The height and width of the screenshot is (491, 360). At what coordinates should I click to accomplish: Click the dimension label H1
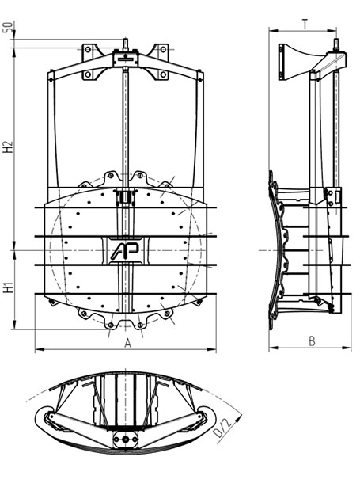[9, 287]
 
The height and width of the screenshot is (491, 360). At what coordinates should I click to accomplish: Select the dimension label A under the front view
[127, 343]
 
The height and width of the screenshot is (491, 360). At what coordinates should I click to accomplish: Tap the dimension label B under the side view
[312, 341]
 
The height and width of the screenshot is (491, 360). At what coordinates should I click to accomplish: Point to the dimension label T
[305, 24]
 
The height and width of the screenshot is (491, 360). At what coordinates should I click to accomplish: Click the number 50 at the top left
[9, 27]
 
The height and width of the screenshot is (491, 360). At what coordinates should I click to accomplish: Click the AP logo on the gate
[125, 251]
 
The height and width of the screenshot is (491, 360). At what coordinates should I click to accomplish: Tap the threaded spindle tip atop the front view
[125, 44]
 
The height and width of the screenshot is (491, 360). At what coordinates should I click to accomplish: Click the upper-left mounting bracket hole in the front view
[88, 49]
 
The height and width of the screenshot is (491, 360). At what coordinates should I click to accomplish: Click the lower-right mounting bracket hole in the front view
[163, 74]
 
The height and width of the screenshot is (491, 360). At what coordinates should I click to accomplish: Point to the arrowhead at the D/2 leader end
[240, 416]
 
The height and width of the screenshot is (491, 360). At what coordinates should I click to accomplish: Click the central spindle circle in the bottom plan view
[125, 440]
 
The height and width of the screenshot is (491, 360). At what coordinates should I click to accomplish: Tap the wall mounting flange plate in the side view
[281, 62]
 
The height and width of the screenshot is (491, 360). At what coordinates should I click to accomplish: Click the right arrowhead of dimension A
[213, 348]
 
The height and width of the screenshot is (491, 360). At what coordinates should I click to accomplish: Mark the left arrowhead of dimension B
[273, 347]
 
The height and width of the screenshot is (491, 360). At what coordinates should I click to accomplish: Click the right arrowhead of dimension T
[332, 31]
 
